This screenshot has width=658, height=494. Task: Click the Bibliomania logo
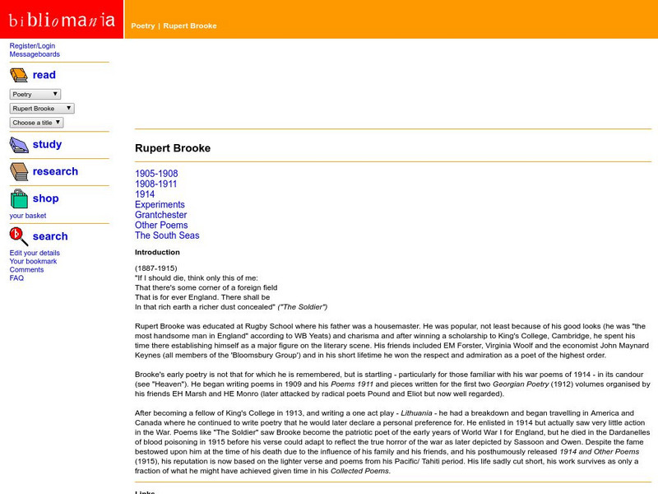62,20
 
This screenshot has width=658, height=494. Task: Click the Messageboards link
35,54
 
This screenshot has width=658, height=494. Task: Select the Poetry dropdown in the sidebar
35,95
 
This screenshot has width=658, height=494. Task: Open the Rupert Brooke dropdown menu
42,109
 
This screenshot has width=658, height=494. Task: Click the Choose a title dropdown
36,123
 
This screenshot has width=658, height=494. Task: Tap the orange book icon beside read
19,76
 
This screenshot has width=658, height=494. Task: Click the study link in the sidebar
47,144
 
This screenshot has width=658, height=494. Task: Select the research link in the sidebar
55,171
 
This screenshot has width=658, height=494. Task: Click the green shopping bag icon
19,198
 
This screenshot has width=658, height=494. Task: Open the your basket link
28,216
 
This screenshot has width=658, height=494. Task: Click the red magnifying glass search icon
19,236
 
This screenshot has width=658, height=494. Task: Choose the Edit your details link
35,253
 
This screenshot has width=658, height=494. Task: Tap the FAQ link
16,278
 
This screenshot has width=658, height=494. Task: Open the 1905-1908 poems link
156,174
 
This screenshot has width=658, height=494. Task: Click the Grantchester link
160,215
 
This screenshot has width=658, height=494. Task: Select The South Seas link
167,235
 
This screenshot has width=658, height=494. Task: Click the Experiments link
160,205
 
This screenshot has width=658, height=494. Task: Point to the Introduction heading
157,252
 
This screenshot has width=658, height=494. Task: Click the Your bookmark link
33,261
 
